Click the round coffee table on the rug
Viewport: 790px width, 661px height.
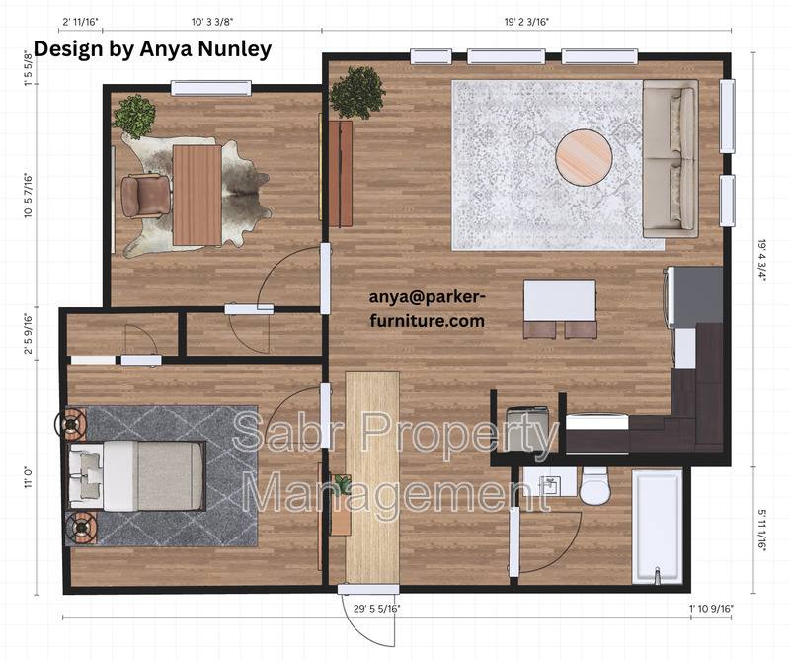pos(584,158)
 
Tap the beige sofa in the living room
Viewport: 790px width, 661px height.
pos(671,158)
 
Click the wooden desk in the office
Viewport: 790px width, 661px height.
pos(197,195)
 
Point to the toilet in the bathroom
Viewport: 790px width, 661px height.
pos(594,485)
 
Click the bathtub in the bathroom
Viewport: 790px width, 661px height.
pos(658,527)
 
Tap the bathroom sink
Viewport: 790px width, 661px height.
pos(550,482)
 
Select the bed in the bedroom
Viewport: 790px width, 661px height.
pos(136,475)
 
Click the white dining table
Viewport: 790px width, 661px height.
pos(560,300)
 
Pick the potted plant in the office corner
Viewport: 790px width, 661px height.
pos(134,117)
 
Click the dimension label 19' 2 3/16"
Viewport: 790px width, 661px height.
pos(526,22)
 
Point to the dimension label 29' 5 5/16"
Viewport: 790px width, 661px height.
pos(377,609)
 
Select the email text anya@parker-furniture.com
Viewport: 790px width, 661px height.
pos(428,308)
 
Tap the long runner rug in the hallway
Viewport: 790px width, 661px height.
pos(372,477)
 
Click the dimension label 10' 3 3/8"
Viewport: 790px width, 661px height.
pos(212,22)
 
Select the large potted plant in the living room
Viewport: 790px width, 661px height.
pos(356,92)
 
